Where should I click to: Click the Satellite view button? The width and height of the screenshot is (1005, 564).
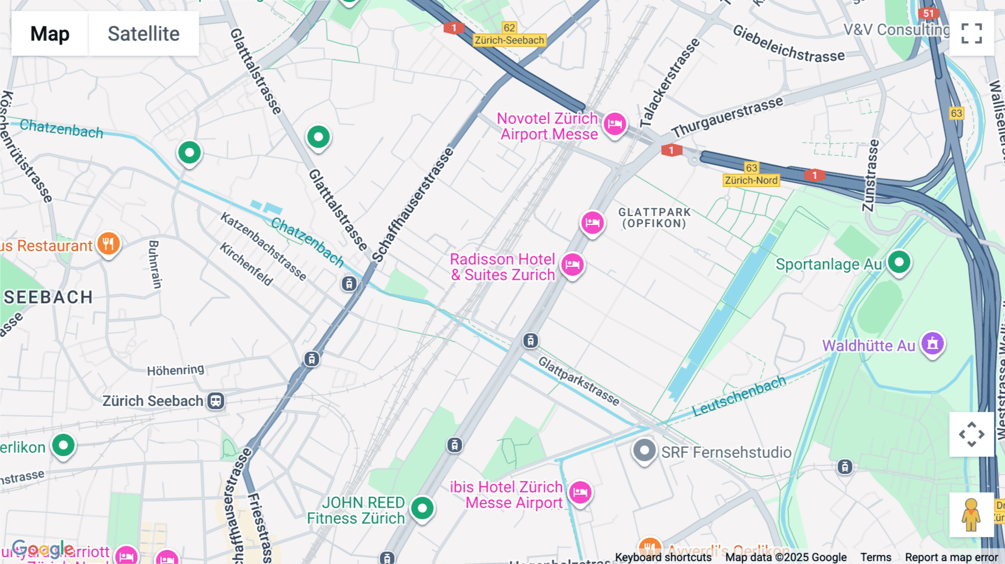pyautogui.click(x=143, y=34)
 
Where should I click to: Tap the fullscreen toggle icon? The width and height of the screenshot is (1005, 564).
pyautogui.click(x=971, y=34)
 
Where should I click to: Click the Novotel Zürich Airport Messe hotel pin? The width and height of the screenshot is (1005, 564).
pyautogui.click(x=615, y=124)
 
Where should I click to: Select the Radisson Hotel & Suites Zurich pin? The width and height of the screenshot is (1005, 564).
pyautogui.click(x=572, y=265)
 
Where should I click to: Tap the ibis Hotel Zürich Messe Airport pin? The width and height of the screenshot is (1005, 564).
pyautogui.click(x=580, y=493)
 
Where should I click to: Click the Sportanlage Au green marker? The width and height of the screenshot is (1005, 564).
pyautogui.click(x=899, y=262)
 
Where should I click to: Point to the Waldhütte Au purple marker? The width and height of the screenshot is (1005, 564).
pyautogui.click(x=932, y=344)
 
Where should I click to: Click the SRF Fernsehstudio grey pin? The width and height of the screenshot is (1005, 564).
pyautogui.click(x=644, y=450)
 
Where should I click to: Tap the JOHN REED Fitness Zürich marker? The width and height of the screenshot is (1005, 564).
pyautogui.click(x=422, y=508)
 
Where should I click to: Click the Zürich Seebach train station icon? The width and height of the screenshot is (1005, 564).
pyautogui.click(x=216, y=401)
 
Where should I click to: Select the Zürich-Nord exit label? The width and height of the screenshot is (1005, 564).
pyautogui.click(x=751, y=180)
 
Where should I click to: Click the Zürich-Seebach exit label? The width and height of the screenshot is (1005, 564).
pyautogui.click(x=509, y=40)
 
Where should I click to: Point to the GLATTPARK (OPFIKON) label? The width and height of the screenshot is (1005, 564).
pyautogui.click(x=654, y=218)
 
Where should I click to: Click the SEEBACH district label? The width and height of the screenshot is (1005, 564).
pyautogui.click(x=49, y=297)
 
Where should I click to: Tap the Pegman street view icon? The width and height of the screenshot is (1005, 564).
pyautogui.click(x=971, y=515)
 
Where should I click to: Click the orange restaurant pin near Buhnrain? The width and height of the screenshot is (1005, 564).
pyautogui.click(x=108, y=244)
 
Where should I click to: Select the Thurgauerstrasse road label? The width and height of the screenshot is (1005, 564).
pyautogui.click(x=728, y=117)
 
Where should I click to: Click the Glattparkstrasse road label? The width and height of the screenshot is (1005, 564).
pyautogui.click(x=578, y=381)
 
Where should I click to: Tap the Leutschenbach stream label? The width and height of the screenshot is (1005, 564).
pyautogui.click(x=739, y=396)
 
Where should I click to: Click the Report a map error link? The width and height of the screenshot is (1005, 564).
pyautogui.click(x=951, y=557)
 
